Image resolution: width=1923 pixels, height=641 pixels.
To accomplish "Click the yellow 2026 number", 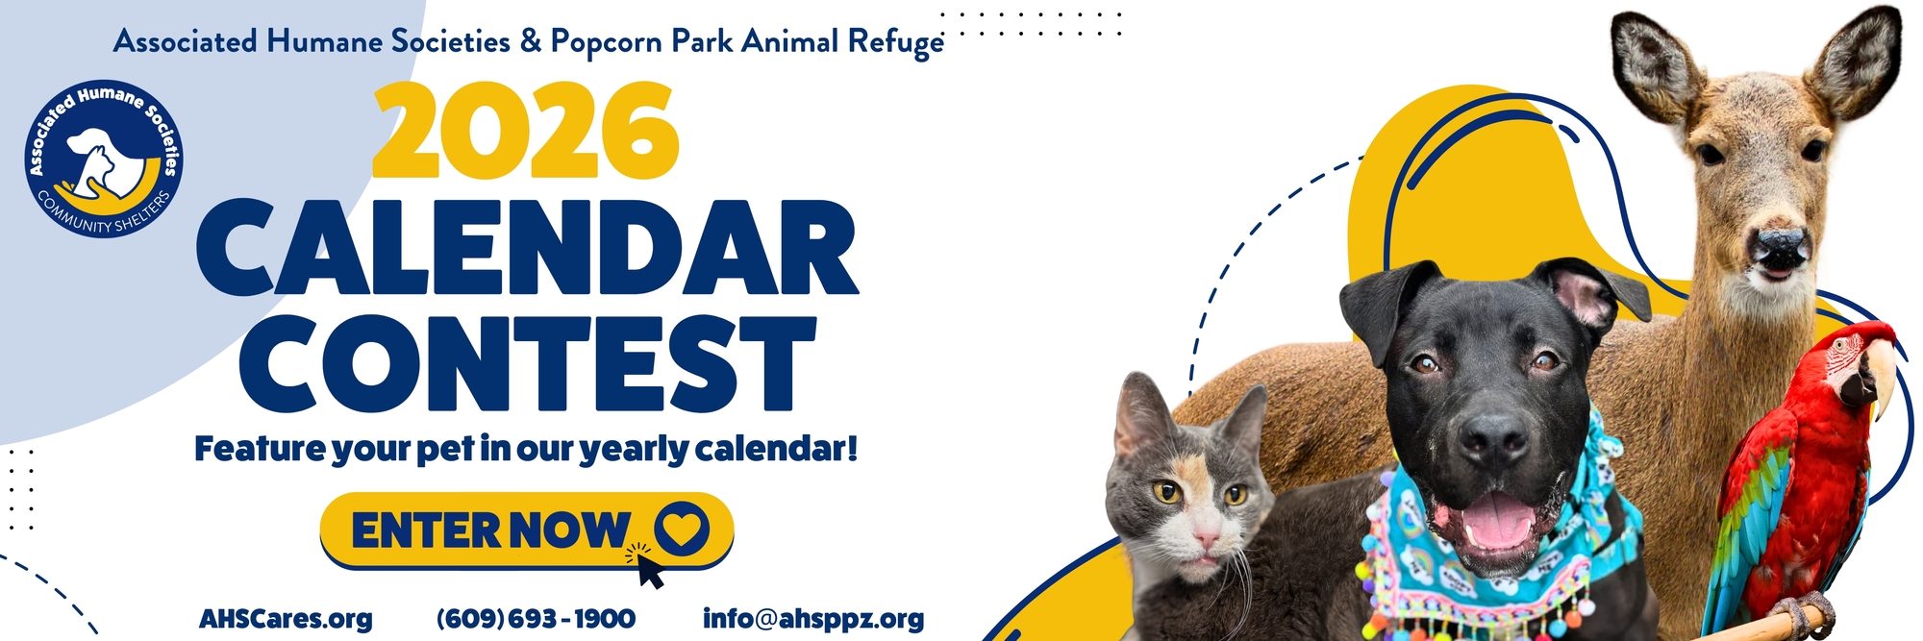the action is click(x=525, y=130).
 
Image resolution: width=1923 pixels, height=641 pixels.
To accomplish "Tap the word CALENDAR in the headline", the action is click(x=527, y=248).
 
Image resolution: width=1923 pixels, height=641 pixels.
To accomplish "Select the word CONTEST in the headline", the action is click(x=527, y=363).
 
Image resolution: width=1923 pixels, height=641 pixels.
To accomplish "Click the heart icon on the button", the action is click(x=682, y=529).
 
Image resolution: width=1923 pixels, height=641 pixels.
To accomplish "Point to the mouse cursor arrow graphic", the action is click(x=647, y=566).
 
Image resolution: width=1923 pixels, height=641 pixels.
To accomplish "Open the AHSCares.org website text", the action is click(x=286, y=619).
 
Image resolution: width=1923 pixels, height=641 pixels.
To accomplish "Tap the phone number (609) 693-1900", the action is click(x=536, y=619).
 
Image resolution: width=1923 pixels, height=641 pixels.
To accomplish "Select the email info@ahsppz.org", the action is click(x=813, y=619).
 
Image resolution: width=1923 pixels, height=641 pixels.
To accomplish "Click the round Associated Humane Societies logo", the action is click(x=104, y=159).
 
